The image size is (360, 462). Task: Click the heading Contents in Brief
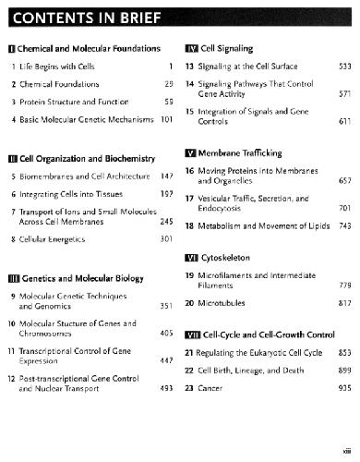pos(84,18)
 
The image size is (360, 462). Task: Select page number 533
pos(342,67)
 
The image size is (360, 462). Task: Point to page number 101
pos(166,119)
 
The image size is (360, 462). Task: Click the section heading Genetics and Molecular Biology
pos(81,277)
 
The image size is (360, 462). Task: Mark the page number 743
pos(342,226)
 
